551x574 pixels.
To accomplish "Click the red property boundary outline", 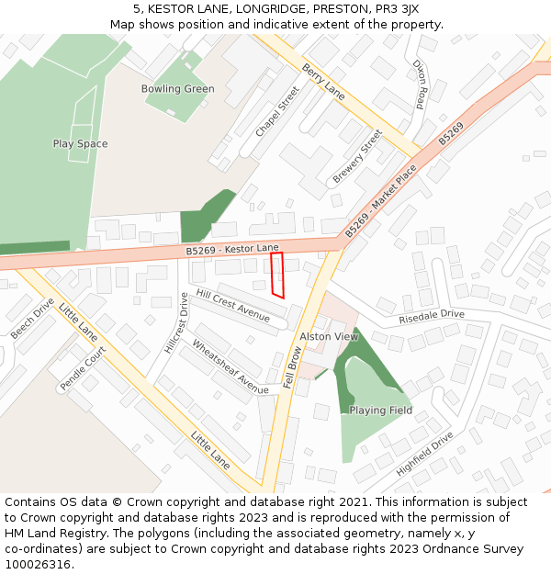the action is pyautogui.click(x=277, y=275).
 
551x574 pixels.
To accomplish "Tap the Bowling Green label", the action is pyautogui.click(x=177, y=89).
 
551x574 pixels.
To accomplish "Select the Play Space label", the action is pyautogui.click(x=80, y=144).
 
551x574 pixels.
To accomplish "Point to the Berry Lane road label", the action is pyautogui.click(x=323, y=83).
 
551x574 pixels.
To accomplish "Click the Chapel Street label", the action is pyautogui.click(x=277, y=112).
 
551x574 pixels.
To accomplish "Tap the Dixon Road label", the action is pyautogui.click(x=420, y=85).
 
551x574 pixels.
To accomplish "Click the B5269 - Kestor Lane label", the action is pyautogui.click(x=231, y=249).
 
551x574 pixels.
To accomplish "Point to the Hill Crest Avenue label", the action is pyautogui.click(x=232, y=305).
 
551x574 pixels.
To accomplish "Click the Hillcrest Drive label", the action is pyautogui.click(x=174, y=323).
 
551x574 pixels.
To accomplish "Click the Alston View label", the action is pyautogui.click(x=329, y=337).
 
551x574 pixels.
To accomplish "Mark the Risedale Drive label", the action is pyautogui.click(x=431, y=316).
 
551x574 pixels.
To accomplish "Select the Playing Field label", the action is pyautogui.click(x=380, y=411).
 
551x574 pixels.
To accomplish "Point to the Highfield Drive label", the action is pyautogui.click(x=424, y=455).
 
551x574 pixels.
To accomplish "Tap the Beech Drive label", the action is pyautogui.click(x=32, y=319).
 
